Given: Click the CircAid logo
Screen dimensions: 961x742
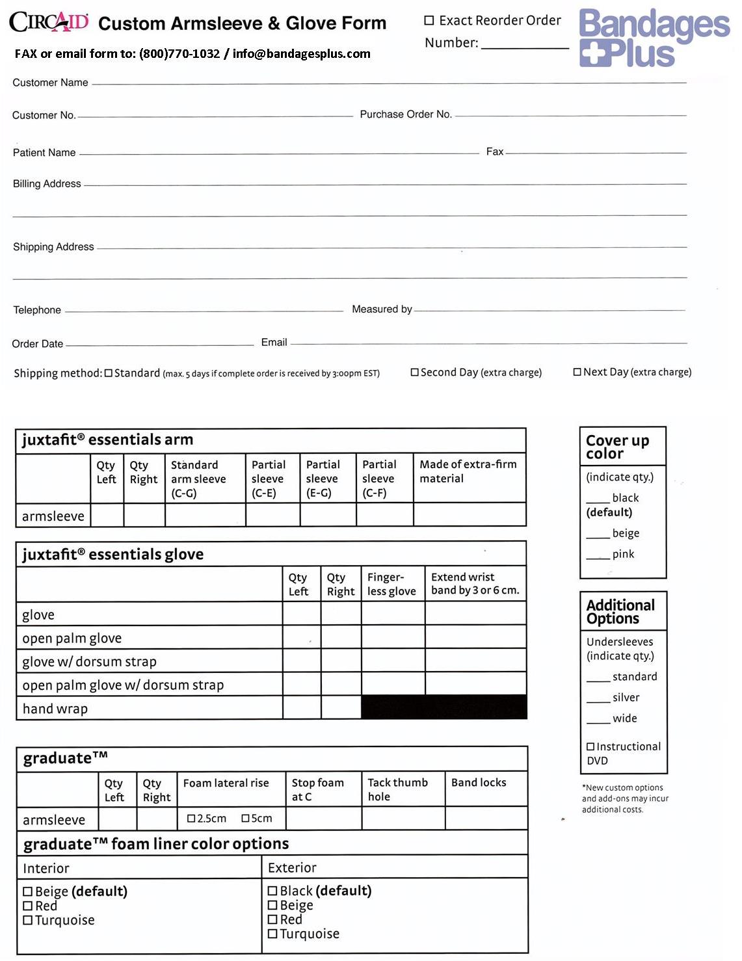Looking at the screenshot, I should [49, 22].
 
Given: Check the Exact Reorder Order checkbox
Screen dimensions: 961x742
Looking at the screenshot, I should [429, 21].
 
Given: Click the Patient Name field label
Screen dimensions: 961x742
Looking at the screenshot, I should [44, 153].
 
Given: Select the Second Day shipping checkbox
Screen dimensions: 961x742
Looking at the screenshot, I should [414, 373].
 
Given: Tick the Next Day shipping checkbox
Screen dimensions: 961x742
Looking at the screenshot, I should [577, 372].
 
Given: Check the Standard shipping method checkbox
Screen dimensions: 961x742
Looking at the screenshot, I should [109, 373].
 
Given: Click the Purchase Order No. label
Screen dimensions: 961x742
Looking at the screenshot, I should [406, 114].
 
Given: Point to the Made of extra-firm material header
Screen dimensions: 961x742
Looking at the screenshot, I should [468, 471].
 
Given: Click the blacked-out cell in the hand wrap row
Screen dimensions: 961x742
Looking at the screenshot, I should [444, 707].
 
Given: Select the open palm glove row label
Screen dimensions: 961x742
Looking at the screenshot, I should [72, 638].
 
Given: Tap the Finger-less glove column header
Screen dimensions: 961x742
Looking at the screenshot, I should [391, 584].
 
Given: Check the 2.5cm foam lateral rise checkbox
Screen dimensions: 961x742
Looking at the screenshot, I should [191, 819].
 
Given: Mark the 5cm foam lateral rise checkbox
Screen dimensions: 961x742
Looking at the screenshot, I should [245, 819].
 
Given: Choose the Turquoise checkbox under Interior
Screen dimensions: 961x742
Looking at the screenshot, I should [28, 921].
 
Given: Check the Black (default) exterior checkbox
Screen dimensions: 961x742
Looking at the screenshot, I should [272, 891].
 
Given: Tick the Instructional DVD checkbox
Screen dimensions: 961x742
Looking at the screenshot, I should [590, 747].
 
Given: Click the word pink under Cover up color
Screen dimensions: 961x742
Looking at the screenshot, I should [623, 555].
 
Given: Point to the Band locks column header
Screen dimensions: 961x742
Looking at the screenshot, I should [479, 783].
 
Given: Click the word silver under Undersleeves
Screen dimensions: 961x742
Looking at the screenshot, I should [626, 698].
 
